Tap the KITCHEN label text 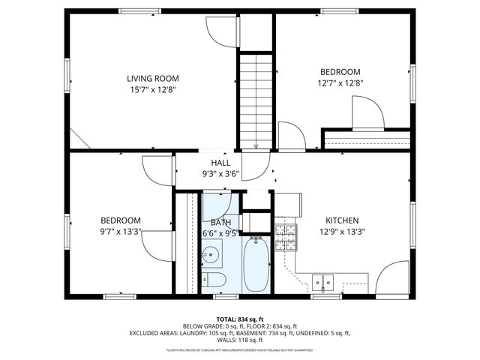[x=341, y=220]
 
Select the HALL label [x=220, y=163]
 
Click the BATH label [x=220, y=223]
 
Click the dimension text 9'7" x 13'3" [x=121, y=232]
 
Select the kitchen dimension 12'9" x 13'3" [x=341, y=232]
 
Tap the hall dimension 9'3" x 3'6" [x=220, y=174]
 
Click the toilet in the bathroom [x=214, y=280]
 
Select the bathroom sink [x=211, y=253]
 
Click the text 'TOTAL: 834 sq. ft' [x=239, y=319]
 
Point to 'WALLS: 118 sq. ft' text [x=239, y=339]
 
